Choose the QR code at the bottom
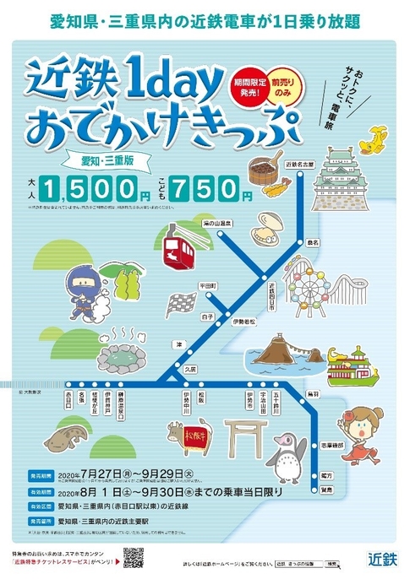[x=133, y=559]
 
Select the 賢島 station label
[x=326, y=489]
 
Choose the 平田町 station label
[x=208, y=285]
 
